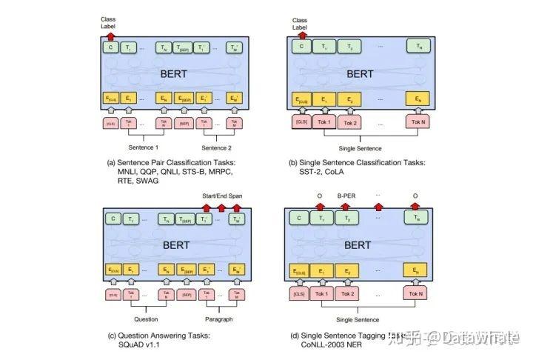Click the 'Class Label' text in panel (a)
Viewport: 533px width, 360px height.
click(109, 21)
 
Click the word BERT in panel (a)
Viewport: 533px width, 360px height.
click(174, 74)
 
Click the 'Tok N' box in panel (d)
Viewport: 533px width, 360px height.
click(418, 294)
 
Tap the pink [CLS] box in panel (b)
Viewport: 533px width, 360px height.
click(301, 121)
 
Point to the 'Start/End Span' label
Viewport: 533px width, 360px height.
click(223, 196)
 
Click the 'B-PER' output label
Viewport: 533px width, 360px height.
click(347, 196)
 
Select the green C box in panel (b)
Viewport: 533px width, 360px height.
click(301, 47)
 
